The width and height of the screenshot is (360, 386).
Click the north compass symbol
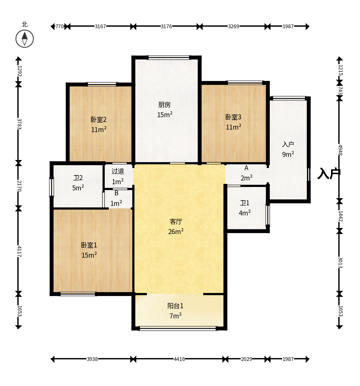point(24,39)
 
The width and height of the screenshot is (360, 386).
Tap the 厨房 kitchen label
point(165,105)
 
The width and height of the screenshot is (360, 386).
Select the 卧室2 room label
point(99,120)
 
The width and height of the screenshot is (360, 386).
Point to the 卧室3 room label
point(233,117)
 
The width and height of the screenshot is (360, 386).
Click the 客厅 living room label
point(176,222)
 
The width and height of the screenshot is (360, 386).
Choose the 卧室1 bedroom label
point(89,245)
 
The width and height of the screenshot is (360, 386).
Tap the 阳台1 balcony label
point(175,306)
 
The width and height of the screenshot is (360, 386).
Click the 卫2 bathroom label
point(78,178)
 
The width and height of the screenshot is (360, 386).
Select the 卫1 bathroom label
point(245,203)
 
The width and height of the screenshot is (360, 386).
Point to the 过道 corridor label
point(118,171)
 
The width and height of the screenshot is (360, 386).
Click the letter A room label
point(246,168)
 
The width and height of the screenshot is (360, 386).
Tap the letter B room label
point(116,193)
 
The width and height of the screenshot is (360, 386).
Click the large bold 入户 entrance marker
point(329,173)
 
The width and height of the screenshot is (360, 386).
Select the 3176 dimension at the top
point(166,26)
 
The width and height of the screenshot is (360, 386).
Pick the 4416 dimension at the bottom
point(179,359)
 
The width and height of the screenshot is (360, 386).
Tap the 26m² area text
point(176,232)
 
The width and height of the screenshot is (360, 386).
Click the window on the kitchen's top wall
point(169,58)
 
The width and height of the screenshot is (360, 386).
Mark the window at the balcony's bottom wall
point(178,328)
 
